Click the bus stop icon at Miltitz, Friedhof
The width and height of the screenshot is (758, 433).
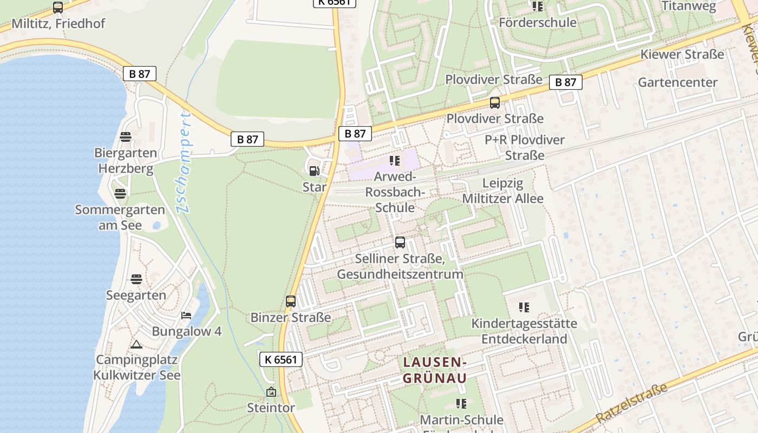click(58, 8)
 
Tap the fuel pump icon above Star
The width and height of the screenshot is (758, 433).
click(314, 172)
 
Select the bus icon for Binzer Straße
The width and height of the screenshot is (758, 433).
click(291, 301)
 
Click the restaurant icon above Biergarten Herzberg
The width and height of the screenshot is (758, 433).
click(126, 137)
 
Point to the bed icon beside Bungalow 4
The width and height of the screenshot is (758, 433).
click(186, 316)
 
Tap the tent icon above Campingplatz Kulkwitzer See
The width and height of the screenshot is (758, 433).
click(136, 344)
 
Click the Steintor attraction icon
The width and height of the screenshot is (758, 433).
click(271, 392)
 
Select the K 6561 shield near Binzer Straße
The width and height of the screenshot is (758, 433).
click(280, 359)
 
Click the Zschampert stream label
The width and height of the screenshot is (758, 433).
click(184, 162)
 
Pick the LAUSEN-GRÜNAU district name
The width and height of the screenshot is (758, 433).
click(434, 370)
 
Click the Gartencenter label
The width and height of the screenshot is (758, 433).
click(677, 82)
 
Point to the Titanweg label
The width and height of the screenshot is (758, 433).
click(689, 6)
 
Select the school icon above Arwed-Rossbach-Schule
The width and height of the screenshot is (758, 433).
click(395, 161)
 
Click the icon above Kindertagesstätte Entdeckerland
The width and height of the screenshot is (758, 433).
click(524, 307)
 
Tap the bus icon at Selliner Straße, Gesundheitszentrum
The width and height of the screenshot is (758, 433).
click(400, 242)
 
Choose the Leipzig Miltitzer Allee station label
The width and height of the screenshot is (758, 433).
click(502, 191)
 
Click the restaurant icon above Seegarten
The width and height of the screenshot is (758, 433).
click(136, 279)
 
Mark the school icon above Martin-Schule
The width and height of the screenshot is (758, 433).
click(461, 403)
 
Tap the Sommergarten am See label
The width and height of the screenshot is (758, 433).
click(120, 217)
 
